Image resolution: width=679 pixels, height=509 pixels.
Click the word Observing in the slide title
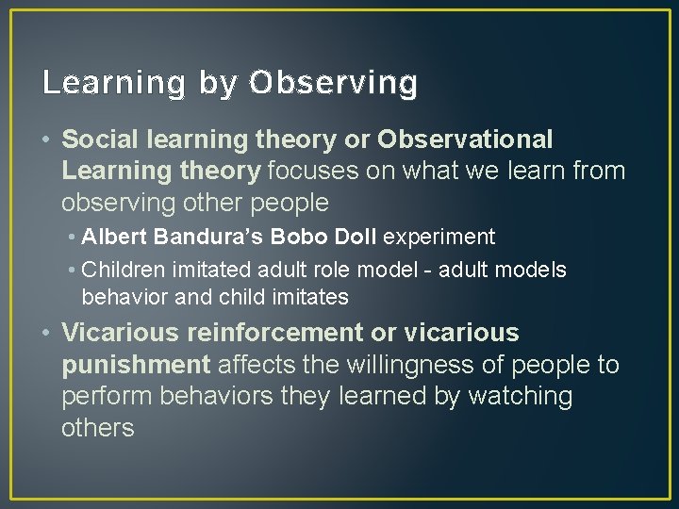click(x=333, y=84)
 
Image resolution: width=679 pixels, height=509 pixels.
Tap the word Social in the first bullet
click(x=98, y=140)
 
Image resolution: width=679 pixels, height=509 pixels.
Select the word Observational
click(x=465, y=140)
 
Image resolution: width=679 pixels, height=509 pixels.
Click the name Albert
click(x=111, y=237)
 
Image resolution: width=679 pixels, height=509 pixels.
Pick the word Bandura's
click(x=195, y=237)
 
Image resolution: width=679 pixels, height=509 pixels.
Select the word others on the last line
click(x=98, y=428)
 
